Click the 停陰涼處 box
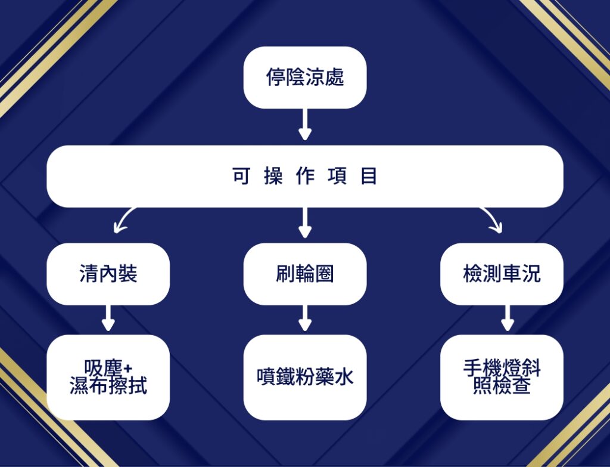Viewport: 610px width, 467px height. (x=304, y=78)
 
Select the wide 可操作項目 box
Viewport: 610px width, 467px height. (x=304, y=177)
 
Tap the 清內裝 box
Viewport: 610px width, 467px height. (x=108, y=274)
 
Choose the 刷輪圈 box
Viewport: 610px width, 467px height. (x=304, y=274)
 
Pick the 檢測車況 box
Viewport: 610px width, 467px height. (x=502, y=274)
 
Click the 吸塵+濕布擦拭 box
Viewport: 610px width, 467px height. (x=108, y=376)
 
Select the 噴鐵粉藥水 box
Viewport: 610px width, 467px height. (x=304, y=376)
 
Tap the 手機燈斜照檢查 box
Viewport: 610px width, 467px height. (x=502, y=376)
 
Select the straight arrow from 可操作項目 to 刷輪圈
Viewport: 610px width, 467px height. (x=305, y=223)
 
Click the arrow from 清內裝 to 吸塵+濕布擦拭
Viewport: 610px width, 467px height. (x=108, y=318)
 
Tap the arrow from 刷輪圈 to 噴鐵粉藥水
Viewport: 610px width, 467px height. (x=305, y=318)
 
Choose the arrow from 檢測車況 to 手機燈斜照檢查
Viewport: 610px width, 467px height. (x=507, y=318)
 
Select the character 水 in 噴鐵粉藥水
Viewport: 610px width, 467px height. (x=344, y=377)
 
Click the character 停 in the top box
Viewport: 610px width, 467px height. (x=275, y=78)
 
